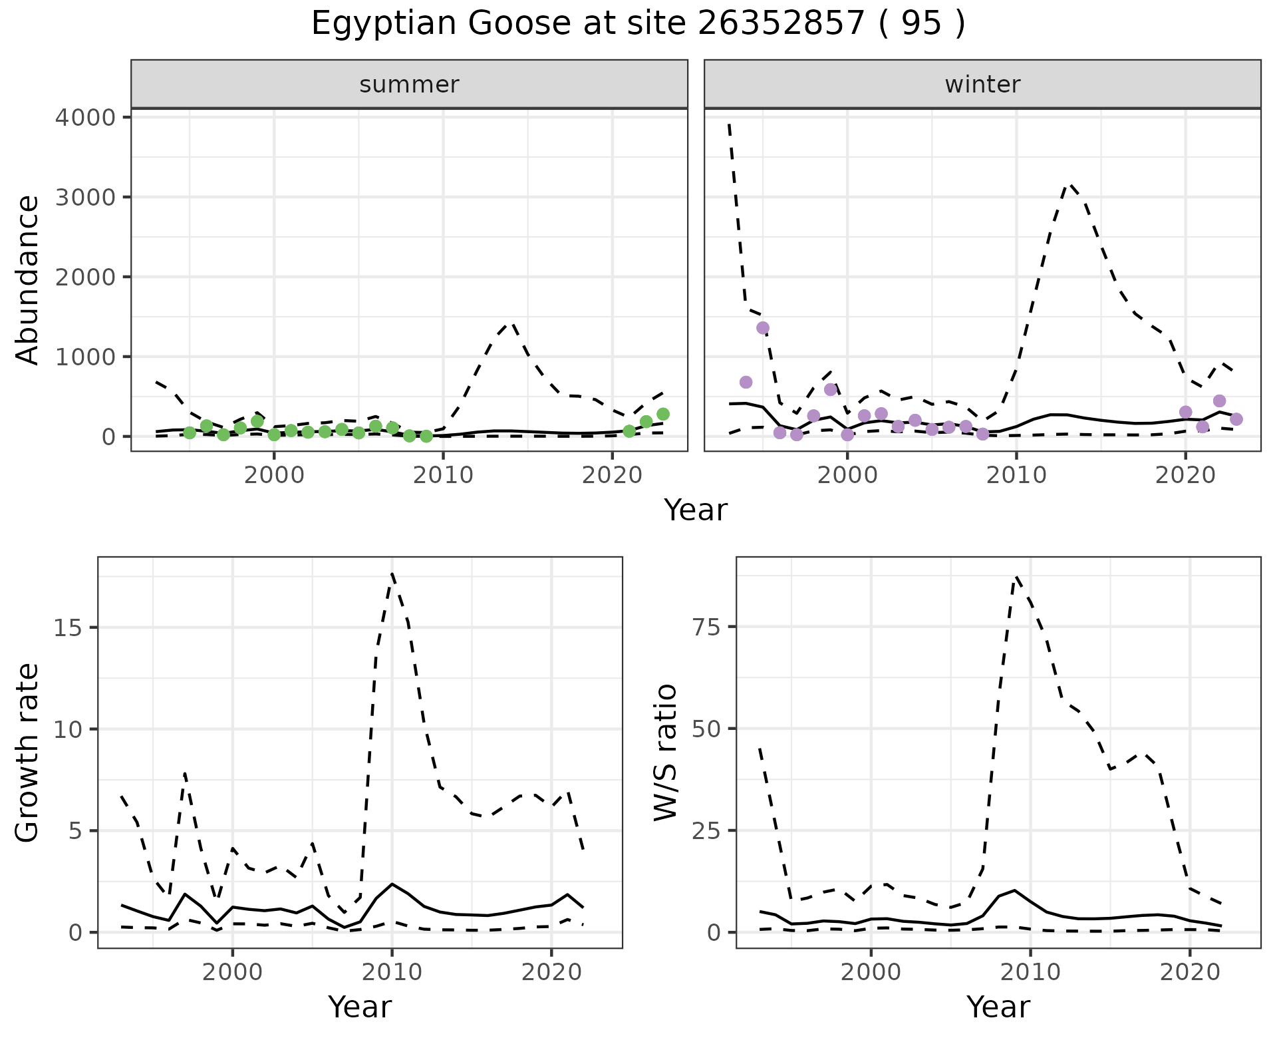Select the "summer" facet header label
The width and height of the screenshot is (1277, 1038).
point(409,85)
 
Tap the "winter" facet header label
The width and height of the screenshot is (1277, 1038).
point(982,85)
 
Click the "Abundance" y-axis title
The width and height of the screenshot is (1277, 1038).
point(28,279)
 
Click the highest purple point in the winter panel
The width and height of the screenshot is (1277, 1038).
point(763,327)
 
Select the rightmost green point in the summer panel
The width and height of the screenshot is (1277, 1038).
point(662,414)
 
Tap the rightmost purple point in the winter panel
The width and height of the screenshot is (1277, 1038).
point(1236,419)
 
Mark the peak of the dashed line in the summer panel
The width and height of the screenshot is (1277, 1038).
point(511,324)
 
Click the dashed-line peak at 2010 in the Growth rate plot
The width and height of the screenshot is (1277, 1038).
point(392,573)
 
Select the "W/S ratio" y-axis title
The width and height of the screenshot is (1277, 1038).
point(666,752)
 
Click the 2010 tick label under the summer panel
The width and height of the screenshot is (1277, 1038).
point(443,476)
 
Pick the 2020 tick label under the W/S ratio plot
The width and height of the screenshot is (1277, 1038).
point(1190,972)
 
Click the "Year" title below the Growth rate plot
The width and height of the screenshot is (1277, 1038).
point(360,1007)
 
